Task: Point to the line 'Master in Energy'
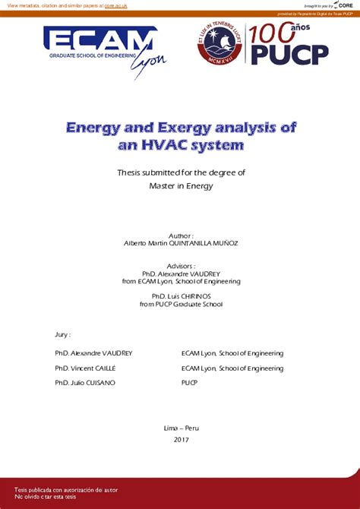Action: point(180,186)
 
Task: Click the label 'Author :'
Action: point(180,236)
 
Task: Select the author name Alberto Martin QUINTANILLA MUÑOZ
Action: point(180,244)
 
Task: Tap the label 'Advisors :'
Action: point(180,267)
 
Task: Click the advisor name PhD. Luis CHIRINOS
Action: point(180,296)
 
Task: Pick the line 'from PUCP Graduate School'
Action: point(180,304)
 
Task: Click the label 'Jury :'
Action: point(63,334)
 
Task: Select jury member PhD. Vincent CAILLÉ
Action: point(85,368)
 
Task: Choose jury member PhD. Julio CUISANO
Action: point(85,383)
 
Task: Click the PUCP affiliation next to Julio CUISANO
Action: point(189,383)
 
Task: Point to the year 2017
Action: point(181,440)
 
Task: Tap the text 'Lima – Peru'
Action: point(181,428)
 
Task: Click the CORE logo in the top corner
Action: point(343,5)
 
